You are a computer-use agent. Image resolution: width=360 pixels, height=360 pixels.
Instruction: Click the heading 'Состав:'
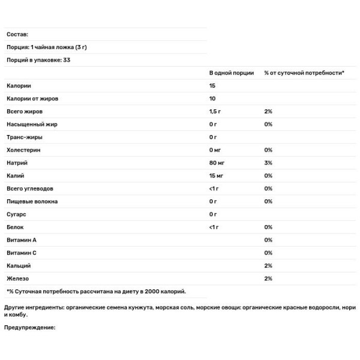point(17,35)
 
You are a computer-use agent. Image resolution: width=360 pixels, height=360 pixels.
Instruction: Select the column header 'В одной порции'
point(231,73)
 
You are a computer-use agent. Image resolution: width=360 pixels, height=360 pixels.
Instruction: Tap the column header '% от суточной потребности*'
point(304,73)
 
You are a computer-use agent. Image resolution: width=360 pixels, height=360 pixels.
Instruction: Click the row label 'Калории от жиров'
point(32,98)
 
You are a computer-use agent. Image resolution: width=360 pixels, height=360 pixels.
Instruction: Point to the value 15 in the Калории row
point(213,86)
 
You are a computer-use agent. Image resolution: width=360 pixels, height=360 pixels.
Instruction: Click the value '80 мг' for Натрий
point(217,163)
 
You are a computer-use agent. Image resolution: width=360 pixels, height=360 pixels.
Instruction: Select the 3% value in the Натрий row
point(268,163)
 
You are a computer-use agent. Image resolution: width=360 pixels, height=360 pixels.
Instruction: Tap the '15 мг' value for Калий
point(216,176)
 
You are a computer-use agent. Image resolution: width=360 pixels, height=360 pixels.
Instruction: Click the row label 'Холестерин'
point(23,150)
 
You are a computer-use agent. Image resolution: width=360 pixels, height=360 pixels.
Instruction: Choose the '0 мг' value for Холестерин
point(215,150)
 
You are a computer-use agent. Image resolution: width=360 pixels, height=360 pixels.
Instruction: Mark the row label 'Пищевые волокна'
point(32,202)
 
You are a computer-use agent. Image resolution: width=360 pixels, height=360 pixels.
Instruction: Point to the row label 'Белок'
point(16,227)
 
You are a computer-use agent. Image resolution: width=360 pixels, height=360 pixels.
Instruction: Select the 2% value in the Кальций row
point(268,266)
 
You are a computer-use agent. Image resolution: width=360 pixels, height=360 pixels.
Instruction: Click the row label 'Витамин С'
point(22,253)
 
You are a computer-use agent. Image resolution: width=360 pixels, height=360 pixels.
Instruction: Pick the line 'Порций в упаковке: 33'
point(36,60)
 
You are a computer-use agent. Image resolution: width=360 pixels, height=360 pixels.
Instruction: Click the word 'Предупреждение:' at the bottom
point(29,327)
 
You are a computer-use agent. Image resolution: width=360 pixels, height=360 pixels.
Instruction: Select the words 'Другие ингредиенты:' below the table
point(35,307)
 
